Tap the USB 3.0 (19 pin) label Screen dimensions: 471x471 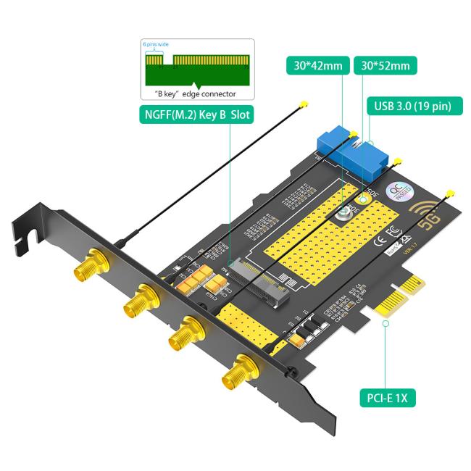tap(412, 106)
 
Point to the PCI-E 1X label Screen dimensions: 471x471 tap(388, 398)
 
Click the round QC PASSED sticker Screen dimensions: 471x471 tap(400, 191)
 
